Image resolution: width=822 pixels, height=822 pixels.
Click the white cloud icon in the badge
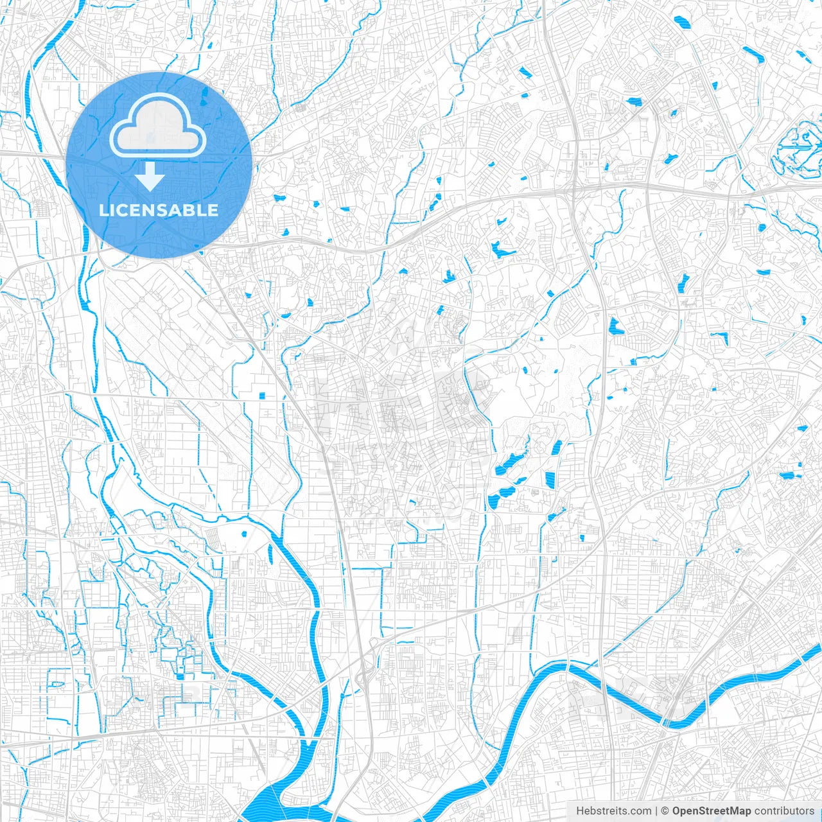point(158,125)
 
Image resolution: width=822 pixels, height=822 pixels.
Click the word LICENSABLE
point(159,210)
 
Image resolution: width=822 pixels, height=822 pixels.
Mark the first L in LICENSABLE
point(103,210)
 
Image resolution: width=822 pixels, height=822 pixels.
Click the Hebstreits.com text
point(613,811)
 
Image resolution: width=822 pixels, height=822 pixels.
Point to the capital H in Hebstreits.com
point(580,811)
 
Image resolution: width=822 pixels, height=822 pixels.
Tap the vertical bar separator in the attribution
point(656,811)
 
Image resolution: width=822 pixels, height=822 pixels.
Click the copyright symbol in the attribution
point(665,811)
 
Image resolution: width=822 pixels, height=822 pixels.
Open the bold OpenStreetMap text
point(712,811)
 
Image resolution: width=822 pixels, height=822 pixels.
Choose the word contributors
point(784,811)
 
